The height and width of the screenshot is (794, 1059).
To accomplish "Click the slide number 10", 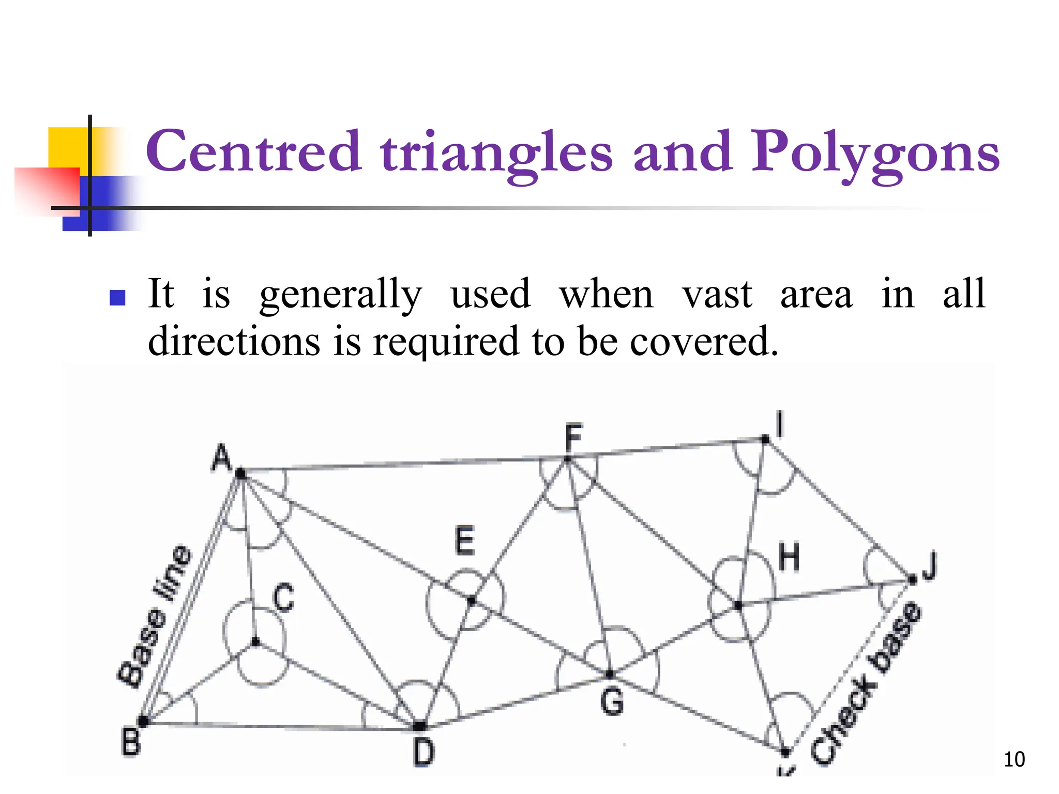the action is [x=1014, y=759].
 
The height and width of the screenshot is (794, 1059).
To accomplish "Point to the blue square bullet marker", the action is [x=118, y=297].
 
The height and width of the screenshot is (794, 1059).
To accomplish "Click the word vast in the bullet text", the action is [x=717, y=295].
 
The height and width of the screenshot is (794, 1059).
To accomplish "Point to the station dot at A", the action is [x=240, y=472].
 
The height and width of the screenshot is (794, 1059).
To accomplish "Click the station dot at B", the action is [x=143, y=721].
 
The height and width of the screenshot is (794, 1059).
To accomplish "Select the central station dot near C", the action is [x=255, y=642].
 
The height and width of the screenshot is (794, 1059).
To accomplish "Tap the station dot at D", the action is [x=420, y=726].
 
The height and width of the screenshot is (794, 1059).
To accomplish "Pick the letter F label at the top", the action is [x=573, y=437].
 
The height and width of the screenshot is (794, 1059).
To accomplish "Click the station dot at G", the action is [x=610, y=674].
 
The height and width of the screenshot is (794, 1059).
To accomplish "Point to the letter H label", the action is [x=789, y=558].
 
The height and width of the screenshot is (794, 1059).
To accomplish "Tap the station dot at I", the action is [x=766, y=440].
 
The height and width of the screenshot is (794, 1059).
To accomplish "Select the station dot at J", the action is [x=913, y=580].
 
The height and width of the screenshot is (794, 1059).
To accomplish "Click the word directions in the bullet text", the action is [x=234, y=341].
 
